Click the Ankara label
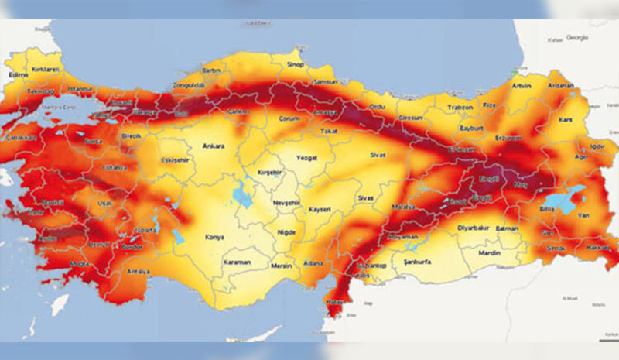(213, 146)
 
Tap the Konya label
(214, 237)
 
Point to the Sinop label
(295, 64)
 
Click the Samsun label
(321, 82)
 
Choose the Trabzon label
(460, 107)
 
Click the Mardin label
(489, 252)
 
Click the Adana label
(313, 263)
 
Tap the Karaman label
(237, 262)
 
